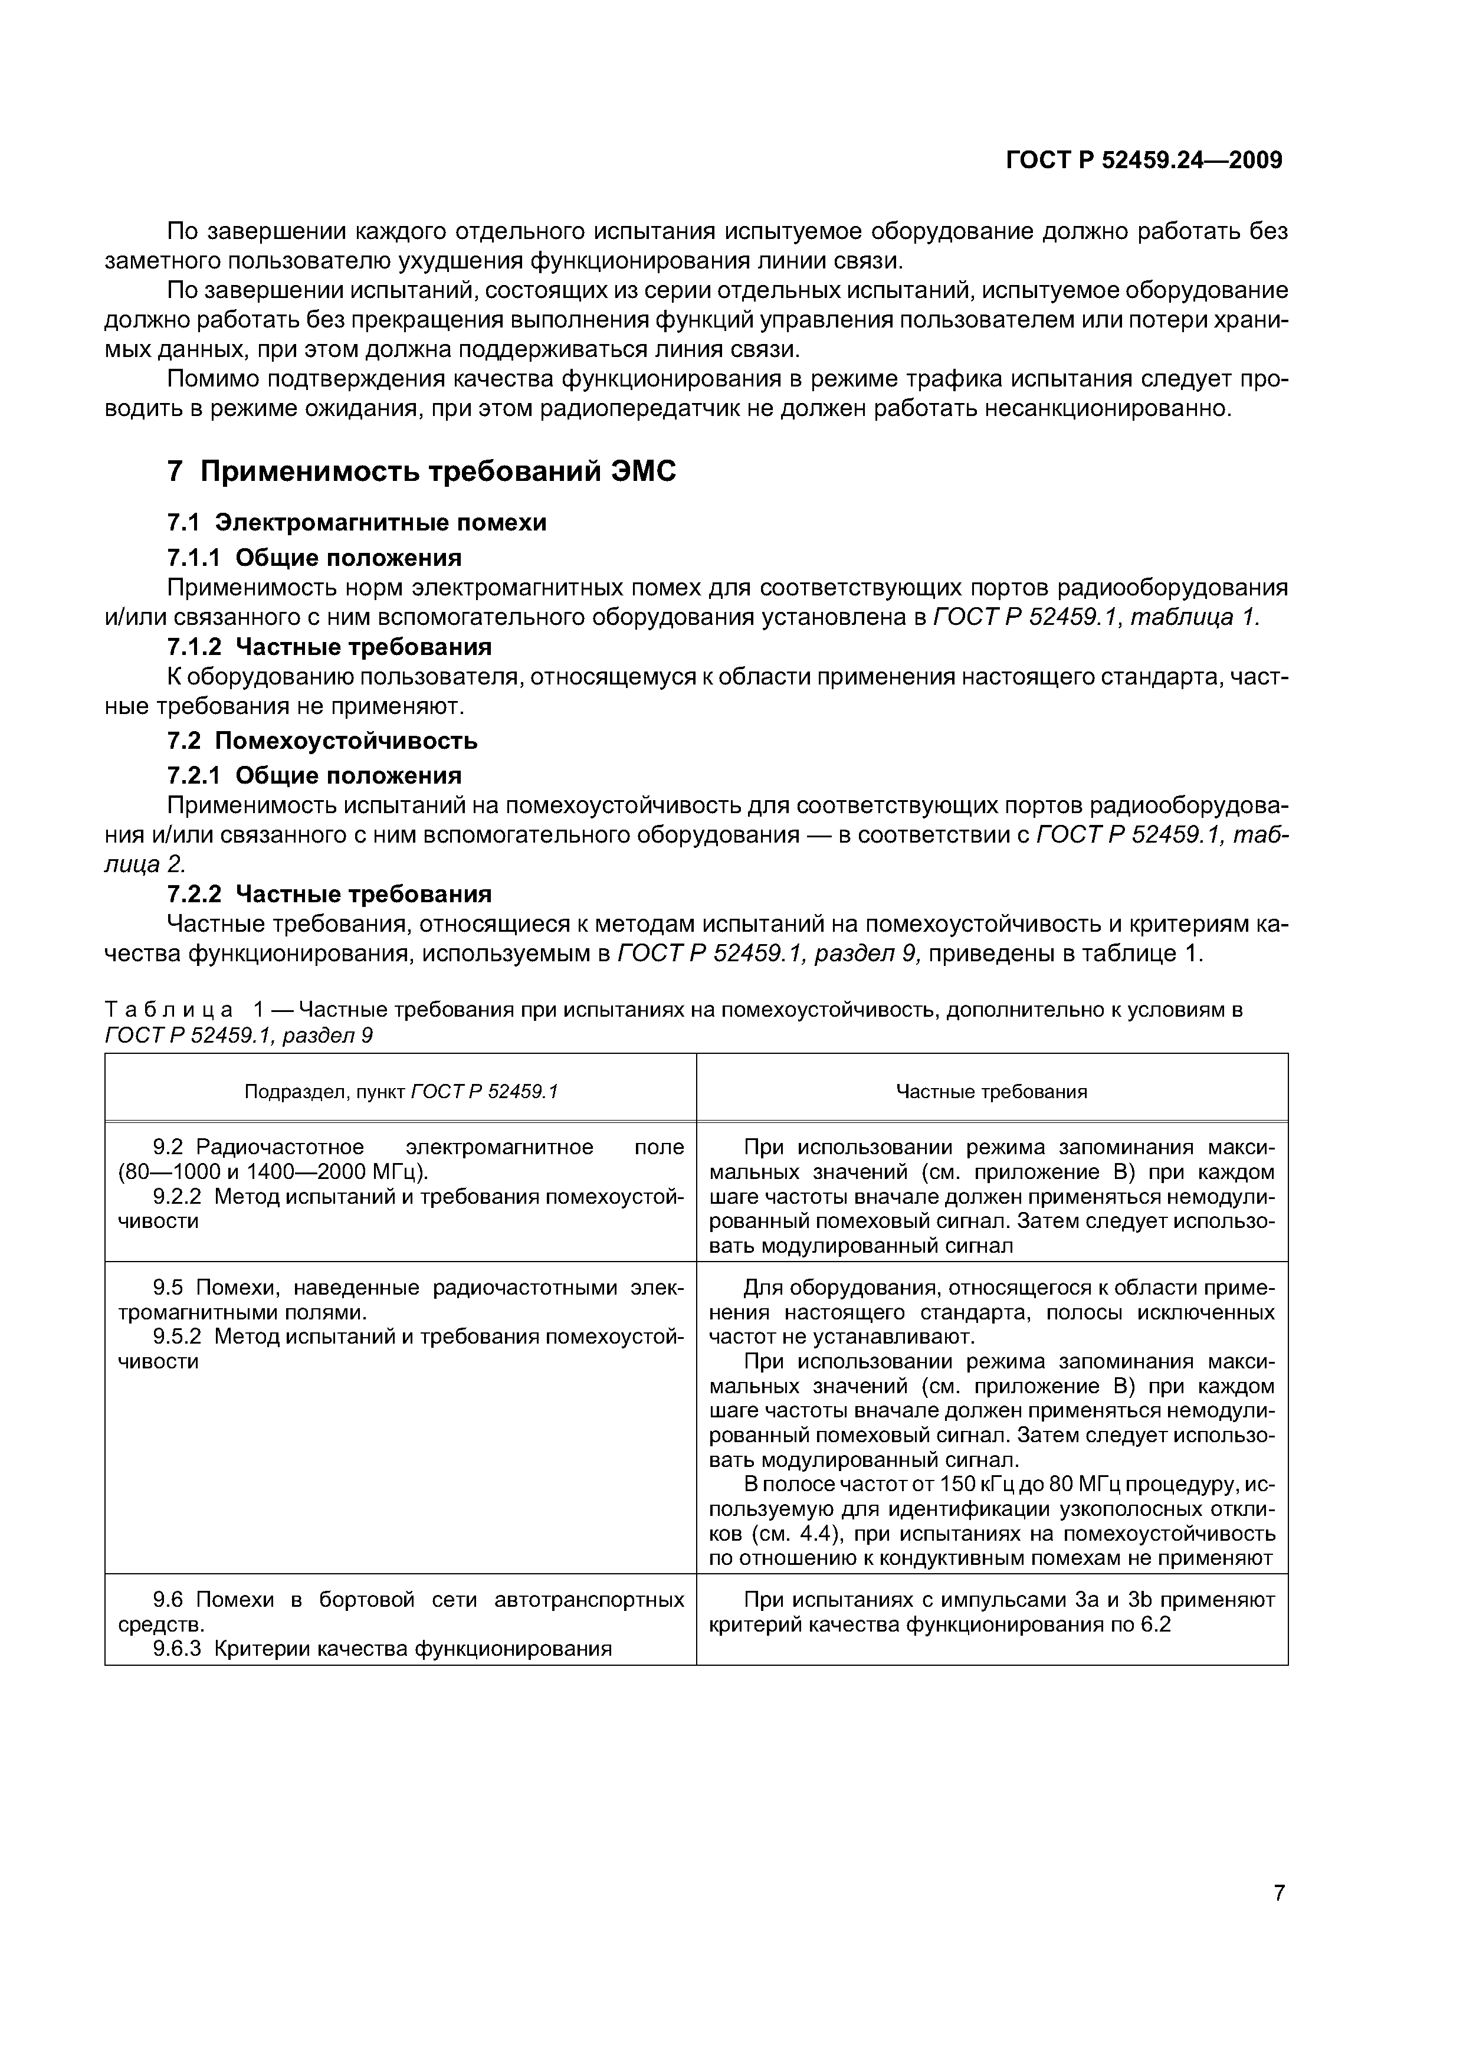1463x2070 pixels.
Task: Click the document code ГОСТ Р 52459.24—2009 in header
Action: (1144, 161)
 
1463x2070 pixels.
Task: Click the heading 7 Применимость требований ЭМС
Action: (422, 471)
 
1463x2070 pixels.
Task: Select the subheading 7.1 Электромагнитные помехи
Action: (357, 523)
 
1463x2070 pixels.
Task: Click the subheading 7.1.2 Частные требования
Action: (330, 647)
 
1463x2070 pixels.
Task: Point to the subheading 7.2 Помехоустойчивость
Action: (323, 741)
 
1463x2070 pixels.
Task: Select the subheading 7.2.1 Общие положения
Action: (314, 775)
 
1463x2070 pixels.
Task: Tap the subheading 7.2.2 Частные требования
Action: (330, 895)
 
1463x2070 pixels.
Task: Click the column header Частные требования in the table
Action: (992, 1092)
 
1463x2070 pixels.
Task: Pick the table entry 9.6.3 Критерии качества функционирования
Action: (382, 1649)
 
